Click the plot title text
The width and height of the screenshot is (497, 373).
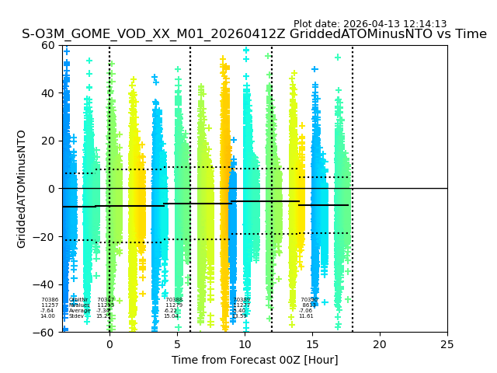(x=254, y=34)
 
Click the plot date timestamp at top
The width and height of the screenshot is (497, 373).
(x=370, y=24)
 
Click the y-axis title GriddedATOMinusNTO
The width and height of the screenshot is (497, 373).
(x=22, y=189)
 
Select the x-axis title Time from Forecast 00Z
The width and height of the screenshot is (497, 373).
(x=255, y=360)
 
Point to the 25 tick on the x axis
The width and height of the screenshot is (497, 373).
(x=447, y=343)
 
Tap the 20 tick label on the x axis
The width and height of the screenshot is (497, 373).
(x=380, y=343)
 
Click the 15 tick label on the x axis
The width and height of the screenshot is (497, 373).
(x=312, y=343)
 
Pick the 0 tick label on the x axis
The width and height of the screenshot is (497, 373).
(x=109, y=343)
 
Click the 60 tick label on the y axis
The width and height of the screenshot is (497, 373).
(x=47, y=45)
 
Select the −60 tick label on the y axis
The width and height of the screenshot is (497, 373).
(x=44, y=332)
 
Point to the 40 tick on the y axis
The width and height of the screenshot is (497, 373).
(x=47, y=93)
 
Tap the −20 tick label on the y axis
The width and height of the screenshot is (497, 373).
(x=44, y=236)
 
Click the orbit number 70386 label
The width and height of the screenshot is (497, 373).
(x=50, y=300)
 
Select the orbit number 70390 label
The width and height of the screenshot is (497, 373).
(x=309, y=300)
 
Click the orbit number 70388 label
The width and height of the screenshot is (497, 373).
(x=174, y=300)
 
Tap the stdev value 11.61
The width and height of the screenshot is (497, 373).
(x=306, y=316)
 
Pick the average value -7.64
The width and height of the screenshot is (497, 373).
(x=47, y=311)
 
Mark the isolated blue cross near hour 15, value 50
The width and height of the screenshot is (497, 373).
(x=315, y=69)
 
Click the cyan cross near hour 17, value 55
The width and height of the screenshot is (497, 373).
(x=338, y=57)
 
